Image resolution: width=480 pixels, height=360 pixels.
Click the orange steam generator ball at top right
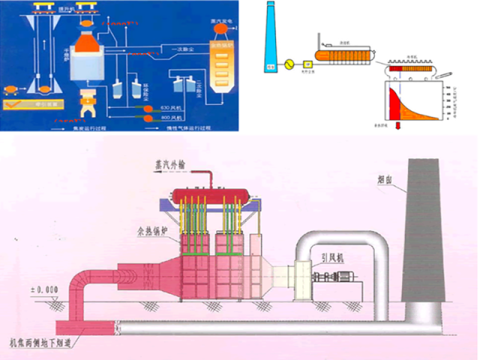point(222,28)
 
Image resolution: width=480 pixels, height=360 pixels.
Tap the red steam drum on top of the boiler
point(211,195)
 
